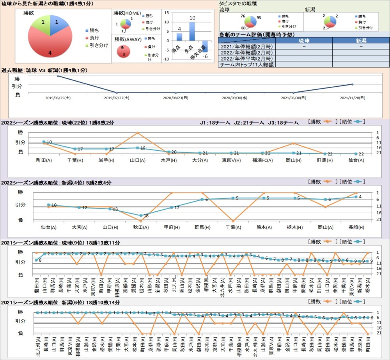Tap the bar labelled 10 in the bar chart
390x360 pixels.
click(x=192, y=31)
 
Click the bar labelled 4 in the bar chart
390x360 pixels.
click(x=179, y=37)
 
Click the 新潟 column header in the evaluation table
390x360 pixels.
click(x=361, y=40)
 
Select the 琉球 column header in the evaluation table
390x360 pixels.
click(x=304, y=40)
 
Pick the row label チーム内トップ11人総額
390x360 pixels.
click(x=247, y=64)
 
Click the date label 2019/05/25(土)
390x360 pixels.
click(x=57, y=98)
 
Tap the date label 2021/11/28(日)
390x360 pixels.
click(x=352, y=98)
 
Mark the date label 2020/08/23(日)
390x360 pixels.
click(x=175, y=98)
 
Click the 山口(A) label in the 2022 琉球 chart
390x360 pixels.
click(x=137, y=160)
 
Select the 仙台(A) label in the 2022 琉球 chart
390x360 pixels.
click(x=356, y=160)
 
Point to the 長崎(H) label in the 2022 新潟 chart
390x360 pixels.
click(x=356, y=227)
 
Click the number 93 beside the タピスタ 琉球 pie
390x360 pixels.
click(x=259, y=18)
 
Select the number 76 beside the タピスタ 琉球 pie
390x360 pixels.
click(x=243, y=16)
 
